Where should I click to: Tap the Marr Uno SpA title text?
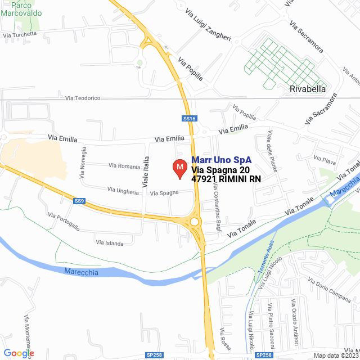click(x=221, y=160)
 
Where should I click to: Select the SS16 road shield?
click(x=189, y=118)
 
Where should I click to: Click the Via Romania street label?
click(x=124, y=166)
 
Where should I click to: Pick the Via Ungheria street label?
click(x=123, y=192)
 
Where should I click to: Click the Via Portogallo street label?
click(x=64, y=222)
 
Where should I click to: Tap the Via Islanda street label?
click(x=110, y=243)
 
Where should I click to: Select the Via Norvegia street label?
click(x=83, y=163)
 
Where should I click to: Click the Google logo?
click(x=19, y=353)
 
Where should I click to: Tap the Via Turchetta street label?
click(x=20, y=34)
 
